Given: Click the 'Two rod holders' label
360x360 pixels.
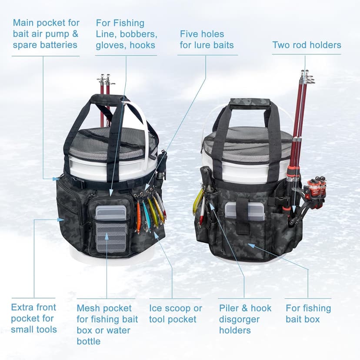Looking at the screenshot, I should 307,45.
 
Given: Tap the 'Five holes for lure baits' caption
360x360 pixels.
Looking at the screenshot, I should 207,40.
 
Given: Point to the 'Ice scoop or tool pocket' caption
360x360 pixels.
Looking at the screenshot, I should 175,314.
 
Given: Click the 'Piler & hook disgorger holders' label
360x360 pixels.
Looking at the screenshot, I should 245,319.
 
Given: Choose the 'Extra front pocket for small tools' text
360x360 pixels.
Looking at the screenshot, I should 34,318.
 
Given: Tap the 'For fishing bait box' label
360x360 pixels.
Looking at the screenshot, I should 308,314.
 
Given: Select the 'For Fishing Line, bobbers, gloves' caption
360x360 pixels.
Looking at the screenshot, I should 126,34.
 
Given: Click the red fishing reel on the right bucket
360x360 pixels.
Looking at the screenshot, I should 317,187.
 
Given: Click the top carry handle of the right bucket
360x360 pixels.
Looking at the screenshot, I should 250,103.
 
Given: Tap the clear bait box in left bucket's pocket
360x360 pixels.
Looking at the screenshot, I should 111,212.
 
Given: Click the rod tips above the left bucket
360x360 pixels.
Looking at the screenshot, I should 105,80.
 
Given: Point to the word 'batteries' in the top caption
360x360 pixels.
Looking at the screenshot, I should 57,45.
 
